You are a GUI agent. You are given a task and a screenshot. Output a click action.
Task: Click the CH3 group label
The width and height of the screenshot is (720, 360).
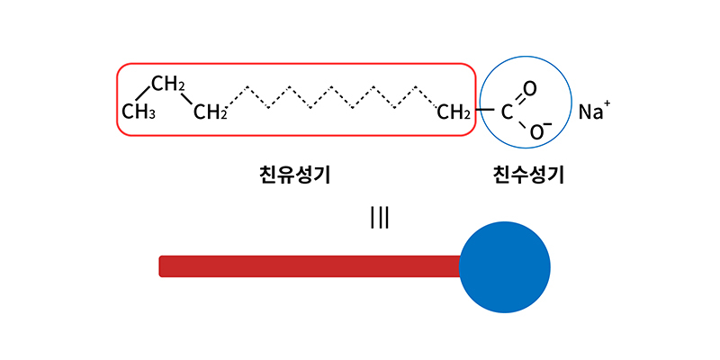coord(139,112)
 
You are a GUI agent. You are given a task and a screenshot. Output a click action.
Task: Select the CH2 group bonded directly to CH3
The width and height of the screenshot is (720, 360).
coord(168,85)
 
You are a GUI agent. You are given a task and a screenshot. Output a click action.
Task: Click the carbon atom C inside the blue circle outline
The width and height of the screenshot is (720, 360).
coord(507,112)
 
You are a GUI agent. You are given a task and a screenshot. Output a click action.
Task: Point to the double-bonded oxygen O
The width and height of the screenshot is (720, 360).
coord(530,89)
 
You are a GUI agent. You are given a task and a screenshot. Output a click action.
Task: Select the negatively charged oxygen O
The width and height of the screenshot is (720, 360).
coord(535,132)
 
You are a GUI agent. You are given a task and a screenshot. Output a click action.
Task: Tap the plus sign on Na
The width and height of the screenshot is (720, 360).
coord(607,104)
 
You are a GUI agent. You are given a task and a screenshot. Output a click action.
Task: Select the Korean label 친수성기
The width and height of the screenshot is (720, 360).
coord(528,174)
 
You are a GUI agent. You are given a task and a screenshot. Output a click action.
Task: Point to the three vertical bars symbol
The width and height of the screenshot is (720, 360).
coord(380,218)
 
